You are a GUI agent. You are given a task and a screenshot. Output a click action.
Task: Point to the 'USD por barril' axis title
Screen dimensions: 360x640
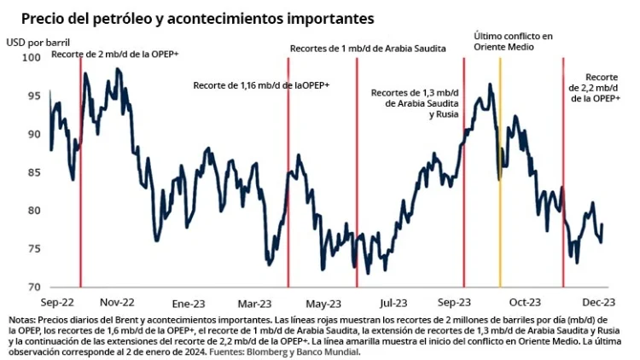click(38, 41)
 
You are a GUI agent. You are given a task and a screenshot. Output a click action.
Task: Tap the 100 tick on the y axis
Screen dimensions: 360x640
click(31, 57)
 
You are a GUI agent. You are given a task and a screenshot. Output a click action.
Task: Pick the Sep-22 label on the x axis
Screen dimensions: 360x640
click(57, 302)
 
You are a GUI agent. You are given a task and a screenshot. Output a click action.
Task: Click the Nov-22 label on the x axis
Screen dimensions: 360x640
click(117, 302)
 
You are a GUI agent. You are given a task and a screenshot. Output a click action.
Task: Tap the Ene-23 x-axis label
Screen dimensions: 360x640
click(189, 302)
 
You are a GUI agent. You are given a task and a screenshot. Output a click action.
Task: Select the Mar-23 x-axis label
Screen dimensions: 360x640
click(256, 302)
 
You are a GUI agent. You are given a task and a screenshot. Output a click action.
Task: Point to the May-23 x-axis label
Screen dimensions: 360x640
click(323, 302)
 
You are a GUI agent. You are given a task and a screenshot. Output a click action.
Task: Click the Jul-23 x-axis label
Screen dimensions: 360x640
click(393, 302)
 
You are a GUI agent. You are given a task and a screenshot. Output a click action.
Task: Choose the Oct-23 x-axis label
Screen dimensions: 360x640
click(525, 302)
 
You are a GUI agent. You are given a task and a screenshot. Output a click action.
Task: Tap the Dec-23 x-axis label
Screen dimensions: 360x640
click(600, 302)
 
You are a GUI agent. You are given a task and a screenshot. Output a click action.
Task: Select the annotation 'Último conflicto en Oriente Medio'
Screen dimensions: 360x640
click(513, 42)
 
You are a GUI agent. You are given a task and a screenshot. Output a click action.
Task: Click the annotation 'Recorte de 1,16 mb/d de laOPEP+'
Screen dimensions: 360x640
click(261, 85)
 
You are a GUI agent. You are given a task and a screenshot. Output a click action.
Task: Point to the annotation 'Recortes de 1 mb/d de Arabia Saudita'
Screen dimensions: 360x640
click(368, 49)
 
